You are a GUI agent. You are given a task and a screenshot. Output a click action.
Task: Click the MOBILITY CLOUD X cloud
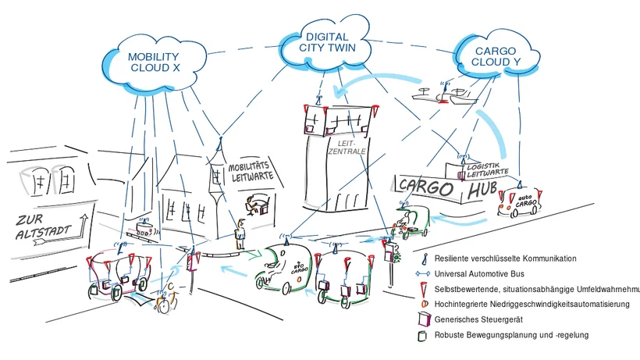pos(154,62)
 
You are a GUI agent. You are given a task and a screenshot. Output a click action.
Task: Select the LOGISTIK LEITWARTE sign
pos(487,169)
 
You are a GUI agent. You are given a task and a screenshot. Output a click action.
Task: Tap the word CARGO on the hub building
pos(426,187)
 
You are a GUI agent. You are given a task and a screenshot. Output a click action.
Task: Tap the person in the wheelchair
pos(165,296)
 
